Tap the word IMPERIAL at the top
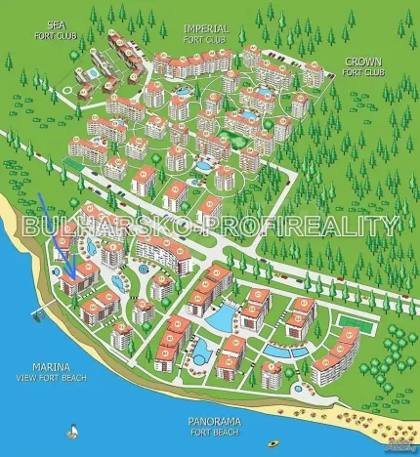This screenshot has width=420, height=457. tap(203, 28)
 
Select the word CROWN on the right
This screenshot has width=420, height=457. tap(363, 61)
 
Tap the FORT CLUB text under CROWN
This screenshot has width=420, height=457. tap(363, 72)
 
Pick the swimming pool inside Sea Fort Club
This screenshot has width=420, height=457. tap(96, 68)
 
